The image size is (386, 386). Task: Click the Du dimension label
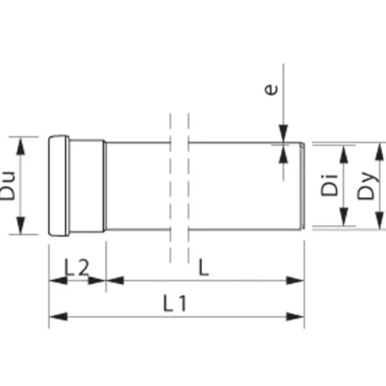point(8,186)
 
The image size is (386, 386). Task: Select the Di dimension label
point(329,185)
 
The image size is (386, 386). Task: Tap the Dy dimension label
point(366,186)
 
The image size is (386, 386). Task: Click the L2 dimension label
point(76,267)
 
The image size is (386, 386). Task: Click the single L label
point(204,267)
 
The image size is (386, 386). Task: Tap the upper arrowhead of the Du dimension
point(20,147)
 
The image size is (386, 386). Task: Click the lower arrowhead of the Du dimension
point(20,224)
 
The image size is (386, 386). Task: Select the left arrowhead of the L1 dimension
point(58,317)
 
